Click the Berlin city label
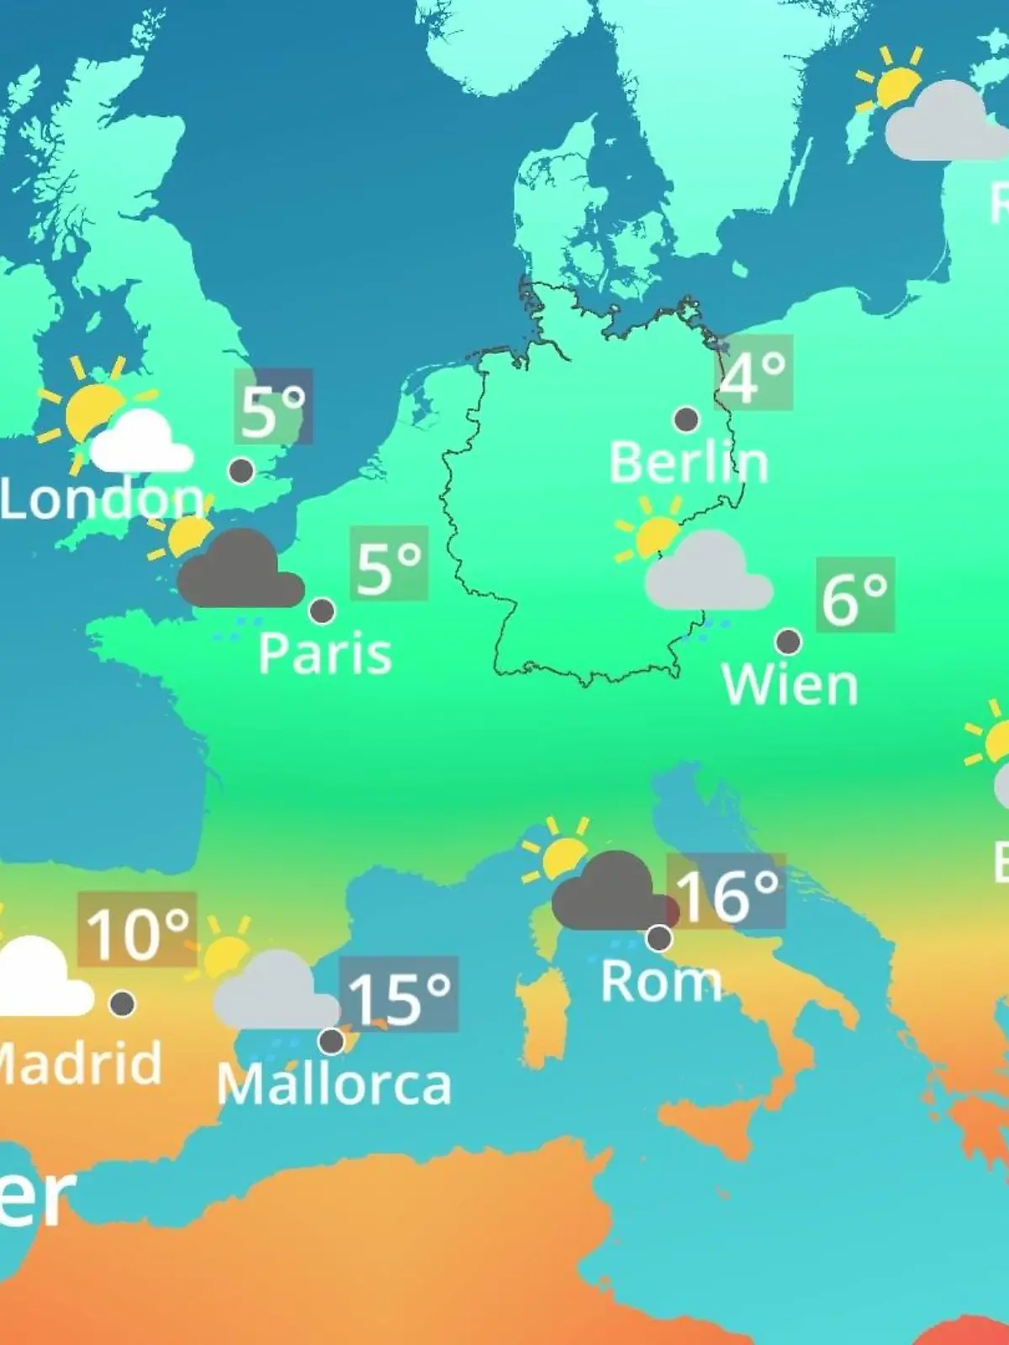coord(689,462)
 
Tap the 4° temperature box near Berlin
coord(754,372)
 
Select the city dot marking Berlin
coord(686,419)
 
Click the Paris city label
coord(325,653)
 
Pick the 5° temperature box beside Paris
coord(388,563)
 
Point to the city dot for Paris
coord(322,611)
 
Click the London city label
coord(101,498)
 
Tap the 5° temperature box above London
coord(273,407)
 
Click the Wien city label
coord(790,685)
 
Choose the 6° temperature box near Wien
coord(854,594)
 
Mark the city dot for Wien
coord(788,642)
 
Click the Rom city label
coord(661,981)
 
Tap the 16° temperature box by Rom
coord(726,891)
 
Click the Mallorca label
coord(334,1084)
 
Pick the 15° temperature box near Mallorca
coord(399,994)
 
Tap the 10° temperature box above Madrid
coord(137,930)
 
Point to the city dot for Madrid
coord(123,1004)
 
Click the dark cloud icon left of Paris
coord(240,572)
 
